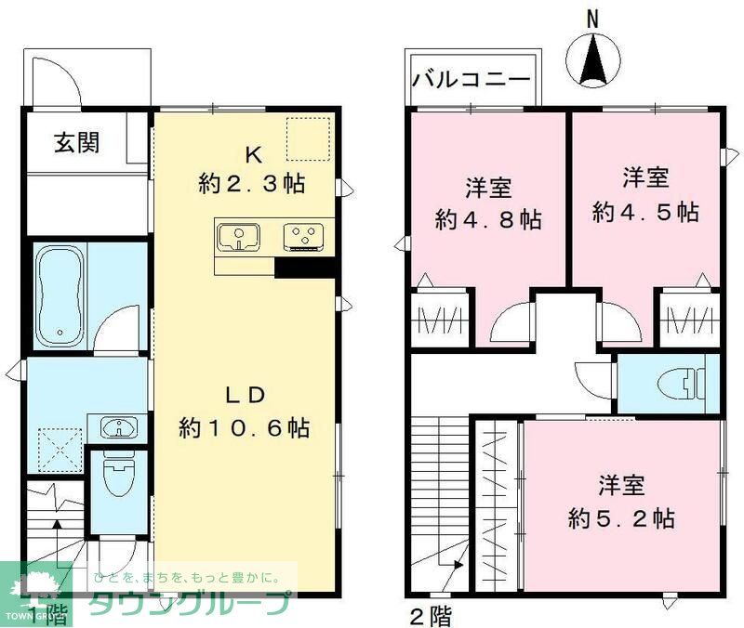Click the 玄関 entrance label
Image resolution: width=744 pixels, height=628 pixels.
coord(76,144)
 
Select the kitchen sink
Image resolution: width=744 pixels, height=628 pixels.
coord(240,237)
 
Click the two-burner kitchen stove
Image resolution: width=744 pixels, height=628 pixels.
coord(304,236)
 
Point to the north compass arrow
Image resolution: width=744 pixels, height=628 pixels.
coord(594,60)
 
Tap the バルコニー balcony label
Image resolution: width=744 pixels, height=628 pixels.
coord(473,77)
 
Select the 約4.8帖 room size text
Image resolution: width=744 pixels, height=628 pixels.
coord(488,220)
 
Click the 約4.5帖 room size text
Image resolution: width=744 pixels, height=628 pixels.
coord(645,212)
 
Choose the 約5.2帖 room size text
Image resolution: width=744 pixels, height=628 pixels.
coord(621,517)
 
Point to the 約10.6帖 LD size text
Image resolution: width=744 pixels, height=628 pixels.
coord(246,428)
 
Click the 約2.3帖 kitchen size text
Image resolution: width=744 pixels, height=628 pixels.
coord(251,183)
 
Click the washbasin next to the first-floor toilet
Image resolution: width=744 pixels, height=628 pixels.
coord(118,428)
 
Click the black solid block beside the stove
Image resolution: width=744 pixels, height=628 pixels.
coord(304,267)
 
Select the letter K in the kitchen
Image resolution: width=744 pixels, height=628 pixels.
coord(251,152)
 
